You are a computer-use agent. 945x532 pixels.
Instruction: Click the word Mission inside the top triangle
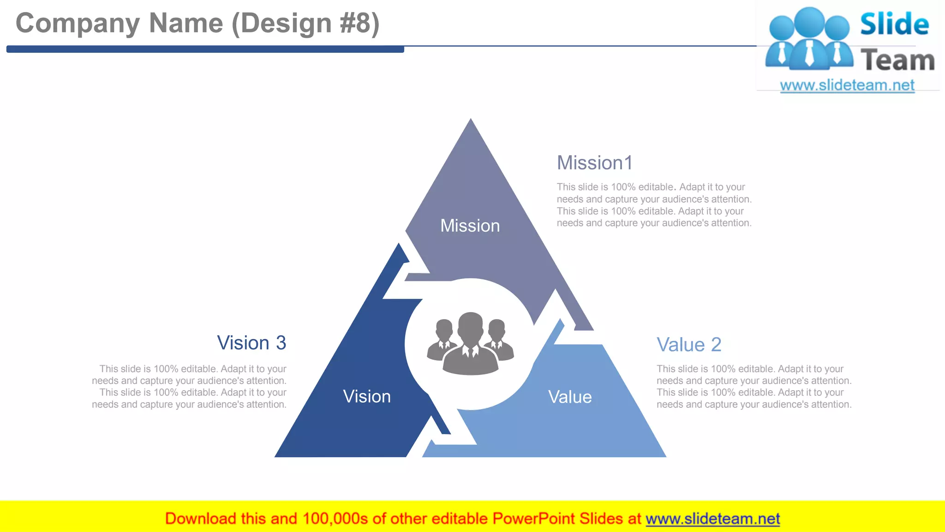(x=470, y=226)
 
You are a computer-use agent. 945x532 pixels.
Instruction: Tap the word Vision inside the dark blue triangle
(x=367, y=397)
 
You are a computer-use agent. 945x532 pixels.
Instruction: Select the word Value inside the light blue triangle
(x=570, y=397)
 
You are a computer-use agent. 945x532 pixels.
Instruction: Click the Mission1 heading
(x=594, y=163)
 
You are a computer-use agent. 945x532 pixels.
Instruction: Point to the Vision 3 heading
(x=251, y=343)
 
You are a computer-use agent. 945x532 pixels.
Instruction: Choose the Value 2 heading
(x=688, y=345)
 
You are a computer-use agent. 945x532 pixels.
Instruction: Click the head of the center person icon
(x=470, y=325)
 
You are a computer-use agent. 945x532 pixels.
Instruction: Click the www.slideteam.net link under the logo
(x=847, y=85)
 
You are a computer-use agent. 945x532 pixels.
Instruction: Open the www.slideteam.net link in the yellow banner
(x=712, y=519)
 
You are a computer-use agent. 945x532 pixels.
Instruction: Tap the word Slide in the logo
(x=894, y=24)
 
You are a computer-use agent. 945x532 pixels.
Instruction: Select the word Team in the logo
(x=897, y=60)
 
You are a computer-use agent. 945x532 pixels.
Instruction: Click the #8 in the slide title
(x=354, y=23)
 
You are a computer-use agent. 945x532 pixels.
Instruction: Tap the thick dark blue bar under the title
(x=205, y=49)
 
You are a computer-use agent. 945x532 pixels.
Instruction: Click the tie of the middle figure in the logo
(x=809, y=54)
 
